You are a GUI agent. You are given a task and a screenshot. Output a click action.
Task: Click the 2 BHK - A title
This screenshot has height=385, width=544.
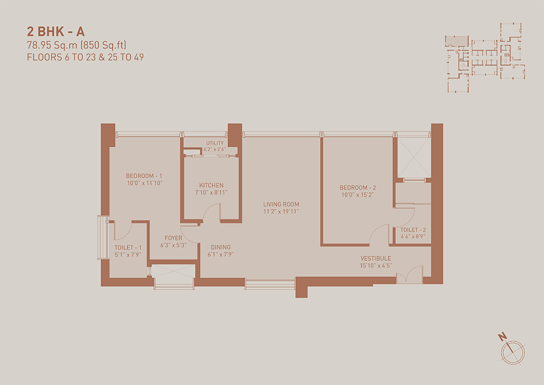click(x=56, y=32)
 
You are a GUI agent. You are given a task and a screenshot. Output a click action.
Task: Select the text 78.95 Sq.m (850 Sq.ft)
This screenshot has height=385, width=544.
click(x=77, y=45)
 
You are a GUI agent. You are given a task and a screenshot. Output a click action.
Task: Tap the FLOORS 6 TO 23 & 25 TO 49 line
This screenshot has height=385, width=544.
click(x=85, y=57)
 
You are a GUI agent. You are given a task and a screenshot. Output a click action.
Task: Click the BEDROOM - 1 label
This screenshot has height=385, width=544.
click(x=144, y=176)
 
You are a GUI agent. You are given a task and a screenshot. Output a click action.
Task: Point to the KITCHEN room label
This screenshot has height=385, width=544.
click(x=211, y=185)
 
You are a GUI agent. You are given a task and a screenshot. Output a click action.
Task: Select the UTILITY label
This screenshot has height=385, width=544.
click(x=215, y=143)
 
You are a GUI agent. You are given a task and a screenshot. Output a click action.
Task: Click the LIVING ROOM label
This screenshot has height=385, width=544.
click(x=281, y=204)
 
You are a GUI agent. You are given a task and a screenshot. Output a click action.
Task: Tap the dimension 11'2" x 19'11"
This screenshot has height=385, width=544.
click(x=281, y=211)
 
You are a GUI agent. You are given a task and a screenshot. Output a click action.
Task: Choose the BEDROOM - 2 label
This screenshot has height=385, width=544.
click(x=358, y=188)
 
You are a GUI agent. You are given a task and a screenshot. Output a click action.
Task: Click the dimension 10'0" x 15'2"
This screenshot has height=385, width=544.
click(x=358, y=195)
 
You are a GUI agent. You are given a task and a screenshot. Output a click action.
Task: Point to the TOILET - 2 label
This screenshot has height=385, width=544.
click(x=413, y=230)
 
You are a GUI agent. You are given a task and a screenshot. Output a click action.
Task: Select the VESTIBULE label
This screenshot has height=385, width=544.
click(x=376, y=258)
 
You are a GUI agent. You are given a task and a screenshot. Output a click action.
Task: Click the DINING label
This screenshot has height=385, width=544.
click(x=221, y=247)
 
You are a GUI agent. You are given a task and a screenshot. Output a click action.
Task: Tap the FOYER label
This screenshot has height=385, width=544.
click(x=174, y=238)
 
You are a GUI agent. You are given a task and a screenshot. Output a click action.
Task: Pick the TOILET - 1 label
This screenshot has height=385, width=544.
click(x=128, y=248)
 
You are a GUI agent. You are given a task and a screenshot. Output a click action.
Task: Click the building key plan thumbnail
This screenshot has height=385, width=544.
click(x=485, y=58)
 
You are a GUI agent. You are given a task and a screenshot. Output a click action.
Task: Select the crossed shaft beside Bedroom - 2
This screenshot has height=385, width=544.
click(x=414, y=158)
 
